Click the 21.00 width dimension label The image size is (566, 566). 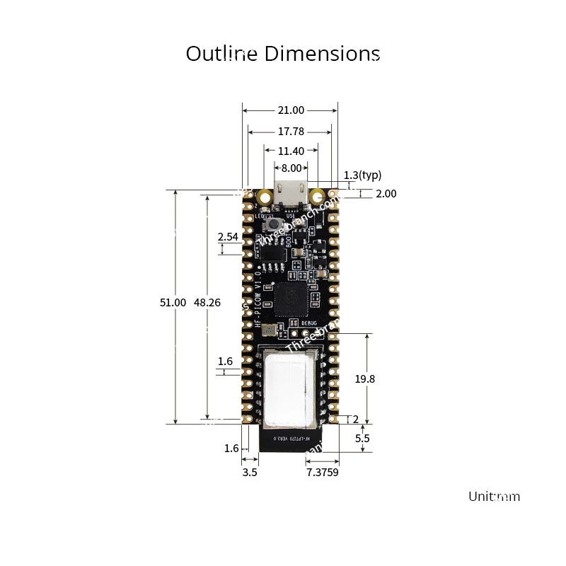coord(290,110)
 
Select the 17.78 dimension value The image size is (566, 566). coord(291,131)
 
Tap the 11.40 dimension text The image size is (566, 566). coord(291,151)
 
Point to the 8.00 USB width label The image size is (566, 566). coord(291,168)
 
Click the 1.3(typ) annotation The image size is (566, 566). coord(362,175)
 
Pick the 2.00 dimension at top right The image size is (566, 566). coord(386,193)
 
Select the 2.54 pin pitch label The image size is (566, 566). coord(228,237)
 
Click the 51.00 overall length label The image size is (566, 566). coord(173,302)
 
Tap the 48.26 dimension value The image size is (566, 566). coord(207,302)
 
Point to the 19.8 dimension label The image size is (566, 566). coord(364,379)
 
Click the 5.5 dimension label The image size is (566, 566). coord(362,438)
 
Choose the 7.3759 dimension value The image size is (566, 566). coord(322,472)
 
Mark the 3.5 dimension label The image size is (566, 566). coord(250,472)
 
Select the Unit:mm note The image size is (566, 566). coord(494,496)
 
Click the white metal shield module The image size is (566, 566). coord(290,386)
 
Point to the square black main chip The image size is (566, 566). coord(291,298)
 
